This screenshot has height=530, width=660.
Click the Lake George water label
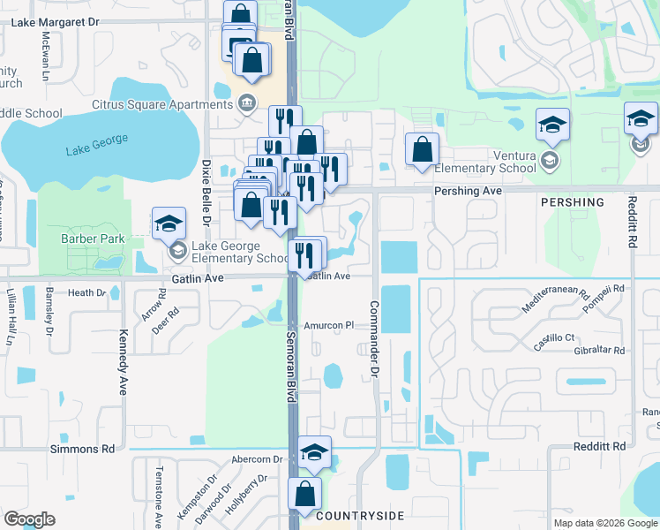click(x=97, y=145)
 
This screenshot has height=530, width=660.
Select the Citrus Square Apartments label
click(x=162, y=104)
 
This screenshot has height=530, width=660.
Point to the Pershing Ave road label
click(x=468, y=191)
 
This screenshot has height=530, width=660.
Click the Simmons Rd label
click(x=84, y=449)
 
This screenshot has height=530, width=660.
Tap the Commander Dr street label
click(x=374, y=327)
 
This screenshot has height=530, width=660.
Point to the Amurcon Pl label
click(x=328, y=325)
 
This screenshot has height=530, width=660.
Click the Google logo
click(x=29, y=519)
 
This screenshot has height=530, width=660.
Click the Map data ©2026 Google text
click(x=604, y=522)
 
